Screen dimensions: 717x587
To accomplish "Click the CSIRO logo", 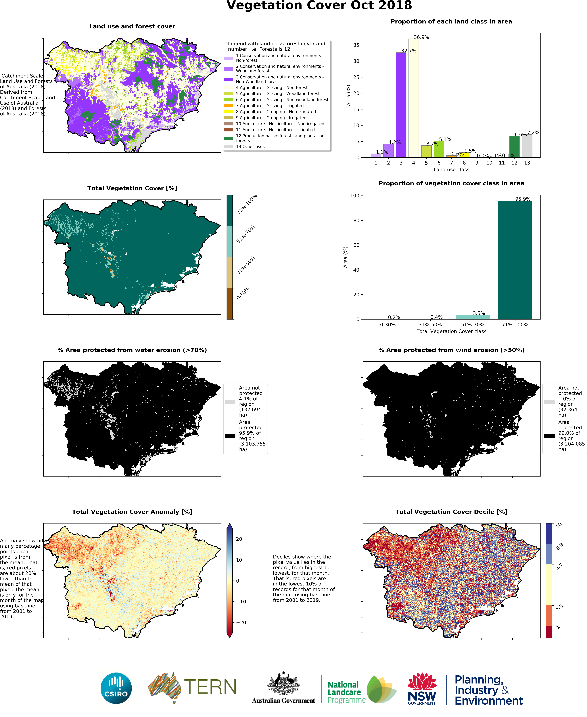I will [x=116, y=688].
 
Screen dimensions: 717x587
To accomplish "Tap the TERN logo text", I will [x=210, y=687].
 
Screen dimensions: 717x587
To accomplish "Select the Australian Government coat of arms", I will [x=283, y=684].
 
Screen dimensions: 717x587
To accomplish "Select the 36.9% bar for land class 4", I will [x=414, y=98].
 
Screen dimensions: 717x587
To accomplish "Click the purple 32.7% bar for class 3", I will [x=401, y=105].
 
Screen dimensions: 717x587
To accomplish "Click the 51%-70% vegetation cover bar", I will [x=472, y=317].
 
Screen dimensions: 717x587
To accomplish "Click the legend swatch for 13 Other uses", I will [x=229, y=147].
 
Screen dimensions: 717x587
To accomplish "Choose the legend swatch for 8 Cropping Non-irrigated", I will [x=229, y=112].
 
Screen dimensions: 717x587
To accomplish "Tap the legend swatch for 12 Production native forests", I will [x=229, y=138].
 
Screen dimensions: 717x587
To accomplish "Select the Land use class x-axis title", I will [x=451, y=170].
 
